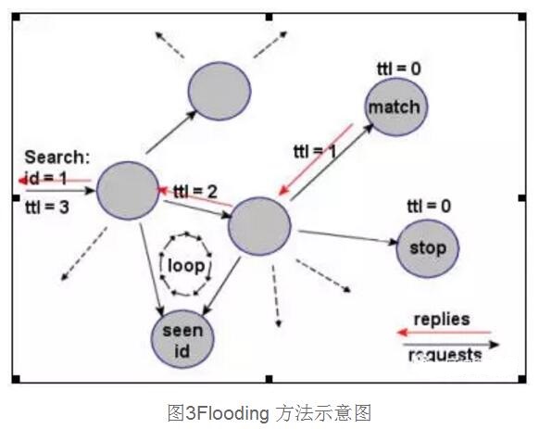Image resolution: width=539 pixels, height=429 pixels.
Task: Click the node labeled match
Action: [x=395, y=107]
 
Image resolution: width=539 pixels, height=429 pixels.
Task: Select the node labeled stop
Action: [x=427, y=247]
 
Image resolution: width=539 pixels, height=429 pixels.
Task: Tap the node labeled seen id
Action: [x=182, y=339]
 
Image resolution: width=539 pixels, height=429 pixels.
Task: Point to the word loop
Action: [x=186, y=265]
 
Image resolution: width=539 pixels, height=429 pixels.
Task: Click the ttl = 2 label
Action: [x=195, y=192]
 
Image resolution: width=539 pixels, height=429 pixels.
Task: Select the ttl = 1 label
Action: [x=314, y=151]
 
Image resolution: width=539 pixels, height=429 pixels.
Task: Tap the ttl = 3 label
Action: [x=46, y=208]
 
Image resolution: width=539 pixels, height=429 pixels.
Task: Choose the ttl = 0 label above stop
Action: [x=428, y=206]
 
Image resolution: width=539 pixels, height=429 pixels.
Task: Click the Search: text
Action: [x=57, y=158]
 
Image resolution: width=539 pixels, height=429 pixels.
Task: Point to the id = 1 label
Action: [x=46, y=176]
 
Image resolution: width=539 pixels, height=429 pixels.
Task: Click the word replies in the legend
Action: [x=442, y=320]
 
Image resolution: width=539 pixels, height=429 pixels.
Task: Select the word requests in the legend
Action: [x=445, y=354]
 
